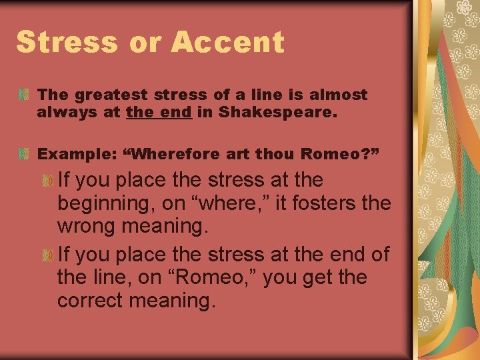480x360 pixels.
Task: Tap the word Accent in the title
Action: point(227,42)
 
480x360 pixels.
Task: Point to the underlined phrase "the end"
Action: point(159,113)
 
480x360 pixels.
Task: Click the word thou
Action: point(271,154)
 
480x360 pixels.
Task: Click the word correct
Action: point(94,301)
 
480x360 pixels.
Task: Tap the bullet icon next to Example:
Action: point(24,154)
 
